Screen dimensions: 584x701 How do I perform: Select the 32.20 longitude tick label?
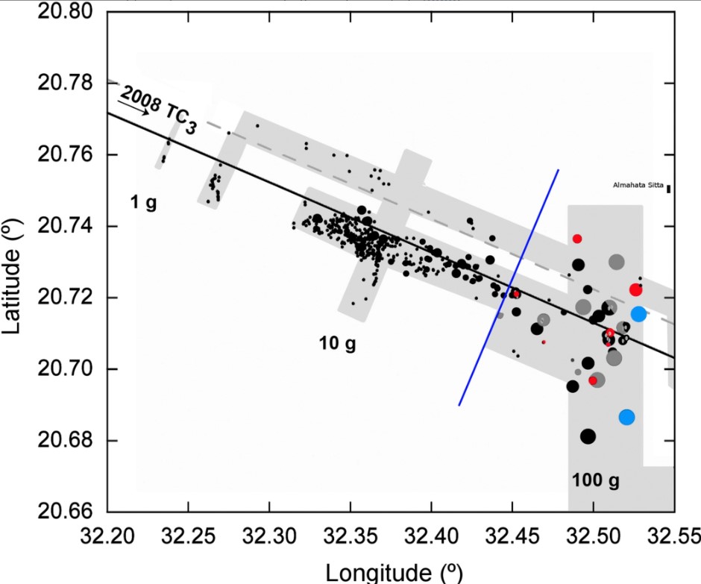coord(107,536)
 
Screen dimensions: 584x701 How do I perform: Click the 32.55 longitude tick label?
coord(673,536)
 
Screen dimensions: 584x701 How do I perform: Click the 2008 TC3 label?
coord(158,109)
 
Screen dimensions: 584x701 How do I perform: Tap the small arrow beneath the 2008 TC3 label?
coord(134,107)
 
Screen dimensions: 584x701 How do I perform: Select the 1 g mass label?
coord(143,202)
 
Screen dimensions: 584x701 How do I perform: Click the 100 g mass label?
coord(596,480)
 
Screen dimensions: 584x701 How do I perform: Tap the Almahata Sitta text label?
coord(638,185)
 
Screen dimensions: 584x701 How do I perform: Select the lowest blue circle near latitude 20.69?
coord(626,417)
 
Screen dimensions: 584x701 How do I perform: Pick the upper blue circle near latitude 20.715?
coord(638,314)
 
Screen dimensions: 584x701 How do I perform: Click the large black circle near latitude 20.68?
coord(588,436)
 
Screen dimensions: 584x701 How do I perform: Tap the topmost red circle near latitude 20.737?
coord(577,238)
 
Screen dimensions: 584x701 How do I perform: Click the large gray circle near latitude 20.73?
coord(616,262)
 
